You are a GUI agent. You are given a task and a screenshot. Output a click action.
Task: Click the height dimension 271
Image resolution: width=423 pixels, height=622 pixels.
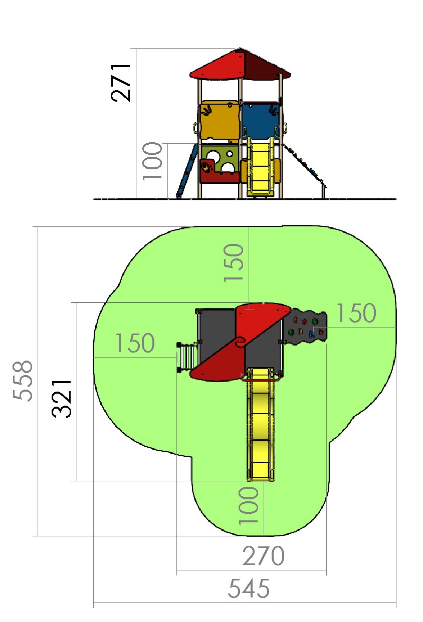[x=121, y=83]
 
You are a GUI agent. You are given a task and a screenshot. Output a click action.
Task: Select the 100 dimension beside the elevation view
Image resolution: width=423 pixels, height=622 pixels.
[x=152, y=161]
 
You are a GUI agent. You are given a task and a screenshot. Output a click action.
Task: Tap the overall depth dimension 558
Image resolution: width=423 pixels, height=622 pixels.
[x=23, y=381]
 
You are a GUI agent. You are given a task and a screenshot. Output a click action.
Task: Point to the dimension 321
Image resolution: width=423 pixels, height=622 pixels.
[x=62, y=399]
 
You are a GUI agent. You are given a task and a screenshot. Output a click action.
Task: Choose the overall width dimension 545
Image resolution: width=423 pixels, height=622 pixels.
[x=249, y=588]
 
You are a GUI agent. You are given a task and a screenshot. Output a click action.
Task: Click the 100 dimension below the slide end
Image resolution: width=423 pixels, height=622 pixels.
[x=249, y=505]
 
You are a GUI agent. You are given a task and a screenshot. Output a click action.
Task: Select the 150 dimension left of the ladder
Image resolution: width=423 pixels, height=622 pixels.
[x=135, y=343]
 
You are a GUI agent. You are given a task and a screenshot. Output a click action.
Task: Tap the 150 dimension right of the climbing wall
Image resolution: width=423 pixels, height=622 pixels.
[x=356, y=313]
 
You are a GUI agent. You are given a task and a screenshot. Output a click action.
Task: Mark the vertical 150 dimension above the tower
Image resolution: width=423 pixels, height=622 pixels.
[x=234, y=263]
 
